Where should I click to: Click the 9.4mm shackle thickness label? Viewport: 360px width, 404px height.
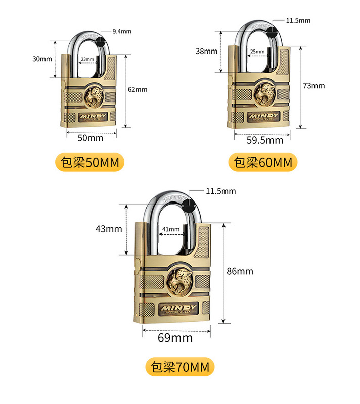[x=122, y=31]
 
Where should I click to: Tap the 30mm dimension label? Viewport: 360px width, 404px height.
[x=42, y=59]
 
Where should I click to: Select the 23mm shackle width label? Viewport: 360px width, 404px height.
[x=87, y=59]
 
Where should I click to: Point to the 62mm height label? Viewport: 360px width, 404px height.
[x=138, y=89]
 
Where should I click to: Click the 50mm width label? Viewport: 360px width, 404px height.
[x=91, y=138]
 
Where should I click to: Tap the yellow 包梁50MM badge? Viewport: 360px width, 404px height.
[x=89, y=162]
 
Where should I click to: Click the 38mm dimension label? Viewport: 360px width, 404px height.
[x=207, y=51]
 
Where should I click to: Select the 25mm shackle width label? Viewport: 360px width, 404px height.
[x=257, y=52]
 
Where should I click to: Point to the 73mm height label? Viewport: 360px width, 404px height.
[x=314, y=86]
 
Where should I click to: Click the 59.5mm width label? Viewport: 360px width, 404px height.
[x=265, y=140]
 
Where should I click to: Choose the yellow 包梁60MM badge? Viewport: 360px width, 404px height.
[x=263, y=162]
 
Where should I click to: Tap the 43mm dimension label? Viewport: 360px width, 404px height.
[x=109, y=229]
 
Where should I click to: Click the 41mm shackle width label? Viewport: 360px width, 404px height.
[x=171, y=229]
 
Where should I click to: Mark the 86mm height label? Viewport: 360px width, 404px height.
[x=240, y=271]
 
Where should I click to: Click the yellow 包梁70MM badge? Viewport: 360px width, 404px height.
[x=180, y=367]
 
